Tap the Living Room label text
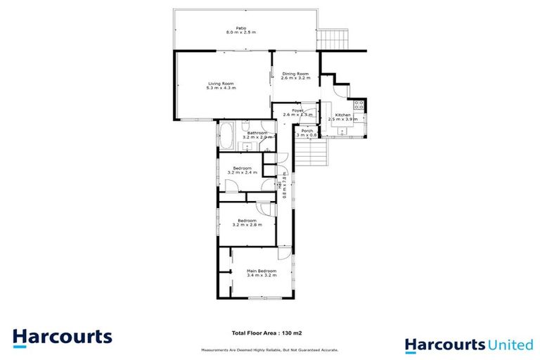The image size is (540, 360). coord(220,83)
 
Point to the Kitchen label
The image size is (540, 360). coord(342,115)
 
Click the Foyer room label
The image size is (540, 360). coord(297,110)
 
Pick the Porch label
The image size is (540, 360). coord(307,131)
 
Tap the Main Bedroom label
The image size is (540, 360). coord(261,271)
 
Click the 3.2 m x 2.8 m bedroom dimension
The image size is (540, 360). coord(247,225)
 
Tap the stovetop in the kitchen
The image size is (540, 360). coord(359,105)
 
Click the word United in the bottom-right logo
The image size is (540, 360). coord(510,345)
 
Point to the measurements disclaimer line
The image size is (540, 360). coord(269,349)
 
